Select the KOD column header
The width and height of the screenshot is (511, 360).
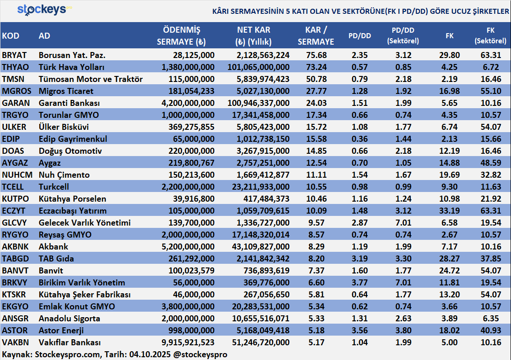point(11,36)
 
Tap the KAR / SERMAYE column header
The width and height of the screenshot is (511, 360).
point(316,36)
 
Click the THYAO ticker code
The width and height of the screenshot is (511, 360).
point(15,67)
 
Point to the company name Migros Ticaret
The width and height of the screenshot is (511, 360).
point(66,91)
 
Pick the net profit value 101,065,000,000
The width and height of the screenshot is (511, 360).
point(258,67)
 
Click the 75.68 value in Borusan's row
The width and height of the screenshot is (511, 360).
point(316,55)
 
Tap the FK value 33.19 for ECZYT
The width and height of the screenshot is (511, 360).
point(449,211)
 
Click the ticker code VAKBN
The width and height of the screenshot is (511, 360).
point(15,343)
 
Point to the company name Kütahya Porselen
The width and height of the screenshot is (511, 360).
point(72,199)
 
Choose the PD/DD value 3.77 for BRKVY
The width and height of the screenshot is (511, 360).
point(360,283)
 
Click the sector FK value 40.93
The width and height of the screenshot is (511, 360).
point(490,331)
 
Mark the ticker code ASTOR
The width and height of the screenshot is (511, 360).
point(15,331)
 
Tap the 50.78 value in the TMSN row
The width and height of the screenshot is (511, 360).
point(316,79)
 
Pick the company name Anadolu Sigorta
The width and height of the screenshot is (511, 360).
point(70,319)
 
